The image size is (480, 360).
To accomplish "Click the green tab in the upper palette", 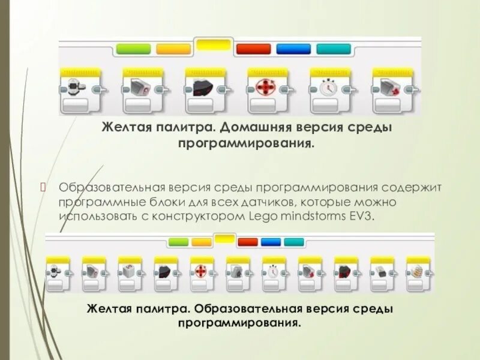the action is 133,49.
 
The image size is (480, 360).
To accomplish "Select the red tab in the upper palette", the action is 253,49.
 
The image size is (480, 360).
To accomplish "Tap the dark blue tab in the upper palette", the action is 293,49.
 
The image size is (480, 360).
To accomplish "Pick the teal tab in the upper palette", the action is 334,49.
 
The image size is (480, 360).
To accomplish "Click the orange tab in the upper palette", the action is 173,49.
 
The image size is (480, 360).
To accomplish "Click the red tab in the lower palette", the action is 248,242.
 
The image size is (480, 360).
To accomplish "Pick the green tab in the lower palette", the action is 178,242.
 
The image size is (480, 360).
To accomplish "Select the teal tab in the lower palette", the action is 294,242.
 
